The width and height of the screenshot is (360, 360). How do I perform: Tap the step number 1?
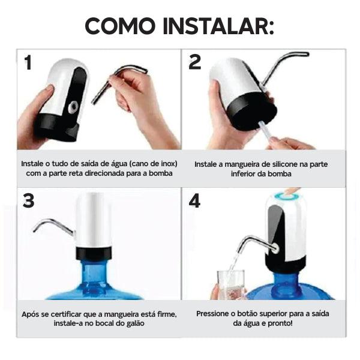[x=28, y=62]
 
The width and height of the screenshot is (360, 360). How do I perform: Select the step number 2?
[x=195, y=62]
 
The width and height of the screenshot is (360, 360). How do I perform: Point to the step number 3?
[x=29, y=201]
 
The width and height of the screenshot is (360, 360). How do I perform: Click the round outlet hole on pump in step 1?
[x=73, y=106]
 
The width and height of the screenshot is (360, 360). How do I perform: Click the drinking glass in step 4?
[x=230, y=284]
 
